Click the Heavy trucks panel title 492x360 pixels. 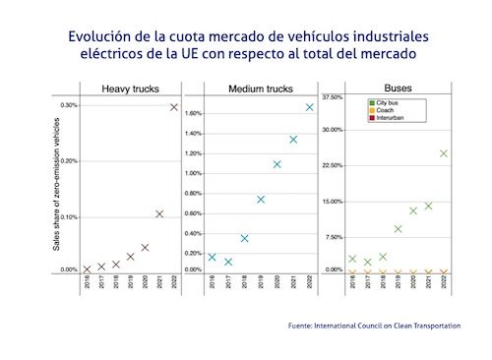[x=132, y=90]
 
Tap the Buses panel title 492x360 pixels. [x=399, y=89]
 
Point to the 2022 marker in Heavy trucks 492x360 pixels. [x=174, y=106]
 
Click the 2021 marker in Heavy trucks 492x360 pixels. [x=159, y=213]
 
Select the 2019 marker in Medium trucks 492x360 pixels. [x=261, y=200]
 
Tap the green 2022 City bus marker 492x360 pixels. [x=444, y=153]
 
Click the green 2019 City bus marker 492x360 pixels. [x=398, y=229]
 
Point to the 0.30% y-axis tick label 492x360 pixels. [x=69, y=104]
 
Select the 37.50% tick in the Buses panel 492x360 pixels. [x=333, y=97]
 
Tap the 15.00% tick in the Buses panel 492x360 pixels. [x=333, y=202]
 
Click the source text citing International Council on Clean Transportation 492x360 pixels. [x=375, y=325]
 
